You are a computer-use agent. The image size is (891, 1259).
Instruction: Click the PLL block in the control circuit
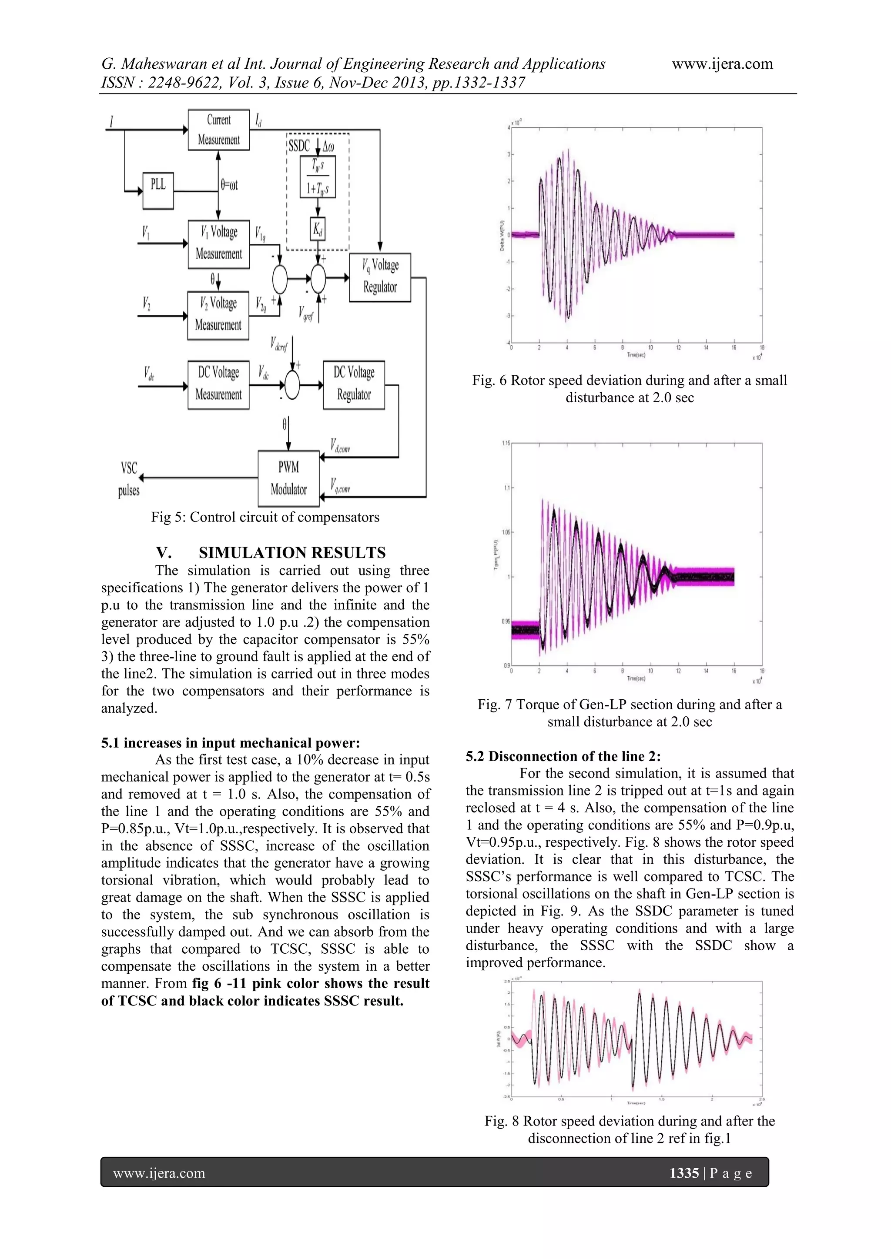point(158,190)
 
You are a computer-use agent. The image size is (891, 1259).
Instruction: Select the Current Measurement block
point(218,130)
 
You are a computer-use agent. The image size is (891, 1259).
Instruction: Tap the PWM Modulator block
point(288,478)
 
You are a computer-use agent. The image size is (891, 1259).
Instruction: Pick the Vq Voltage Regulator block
point(380,277)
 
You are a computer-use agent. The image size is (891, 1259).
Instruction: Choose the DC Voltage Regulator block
point(354,384)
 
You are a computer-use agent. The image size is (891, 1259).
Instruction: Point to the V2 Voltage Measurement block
point(218,315)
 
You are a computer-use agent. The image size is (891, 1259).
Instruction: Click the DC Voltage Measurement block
point(218,384)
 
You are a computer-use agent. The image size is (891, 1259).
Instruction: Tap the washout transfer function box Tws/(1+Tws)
point(318,177)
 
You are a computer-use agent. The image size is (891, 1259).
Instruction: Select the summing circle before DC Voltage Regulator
point(292,385)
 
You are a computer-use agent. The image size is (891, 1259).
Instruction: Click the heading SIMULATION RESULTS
point(292,552)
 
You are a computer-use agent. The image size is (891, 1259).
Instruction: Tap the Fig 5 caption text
point(265,517)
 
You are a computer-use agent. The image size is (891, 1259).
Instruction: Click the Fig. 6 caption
point(629,389)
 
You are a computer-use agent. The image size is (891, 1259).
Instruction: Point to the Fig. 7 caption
point(629,713)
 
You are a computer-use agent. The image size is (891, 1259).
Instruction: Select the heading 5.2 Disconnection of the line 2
point(563,756)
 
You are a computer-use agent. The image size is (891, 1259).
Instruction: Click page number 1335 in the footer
point(684,1173)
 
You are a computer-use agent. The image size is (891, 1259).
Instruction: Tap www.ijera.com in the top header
point(722,64)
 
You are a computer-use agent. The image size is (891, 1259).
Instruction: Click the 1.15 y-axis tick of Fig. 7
point(505,443)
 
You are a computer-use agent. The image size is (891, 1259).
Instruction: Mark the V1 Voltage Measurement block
point(218,244)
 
